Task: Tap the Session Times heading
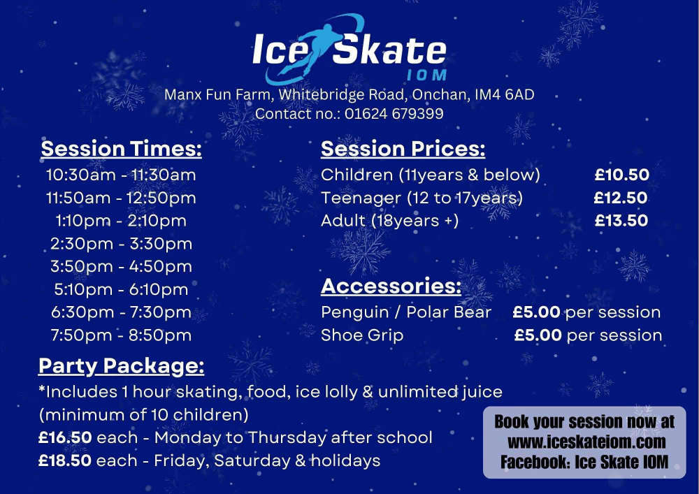(x=121, y=149)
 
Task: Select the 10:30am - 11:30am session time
(x=121, y=175)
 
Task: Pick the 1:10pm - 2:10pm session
(x=121, y=221)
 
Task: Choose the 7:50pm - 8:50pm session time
(x=121, y=335)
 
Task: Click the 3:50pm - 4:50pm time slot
(x=121, y=266)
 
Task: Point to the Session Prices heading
(x=403, y=149)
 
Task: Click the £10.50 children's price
(x=622, y=175)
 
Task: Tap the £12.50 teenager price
(x=621, y=198)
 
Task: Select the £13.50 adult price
(x=621, y=221)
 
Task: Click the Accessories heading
(x=391, y=286)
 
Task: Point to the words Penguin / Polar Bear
(x=406, y=312)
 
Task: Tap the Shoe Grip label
(x=362, y=335)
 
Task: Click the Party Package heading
(x=121, y=366)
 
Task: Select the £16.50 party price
(x=65, y=437)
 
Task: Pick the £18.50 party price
(x=65, y=460)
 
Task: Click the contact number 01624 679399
(x=394, y=114)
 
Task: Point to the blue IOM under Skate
(x=426, y=75)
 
